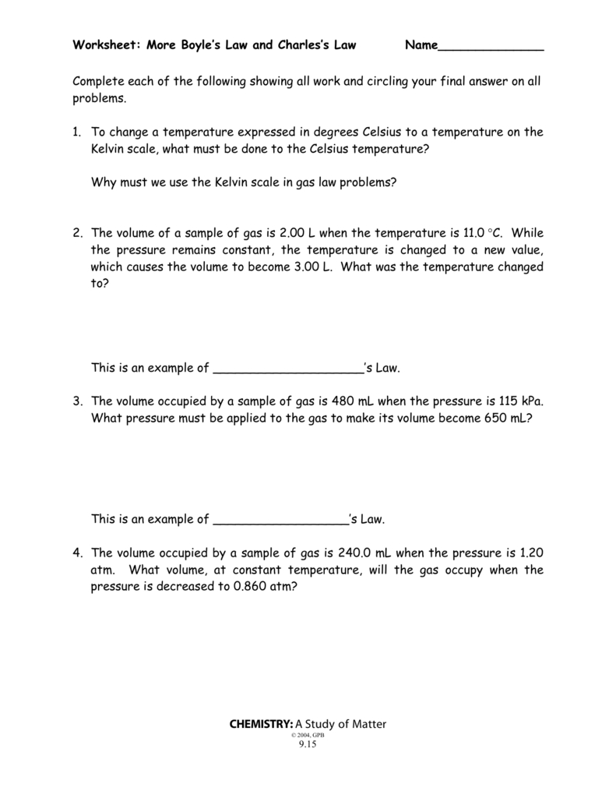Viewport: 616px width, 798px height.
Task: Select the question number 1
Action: pyautogui.click(x=77, y=132)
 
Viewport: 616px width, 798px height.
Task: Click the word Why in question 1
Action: pyautogui.click(x=104, y=182)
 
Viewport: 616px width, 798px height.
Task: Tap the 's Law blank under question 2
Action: pyautogui.click(x=288, y=369)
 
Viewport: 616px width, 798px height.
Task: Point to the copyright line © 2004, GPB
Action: pyautogui.click(x=308, y=734)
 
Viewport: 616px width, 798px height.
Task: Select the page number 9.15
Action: pyautogui.click(x=308, y=743)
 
